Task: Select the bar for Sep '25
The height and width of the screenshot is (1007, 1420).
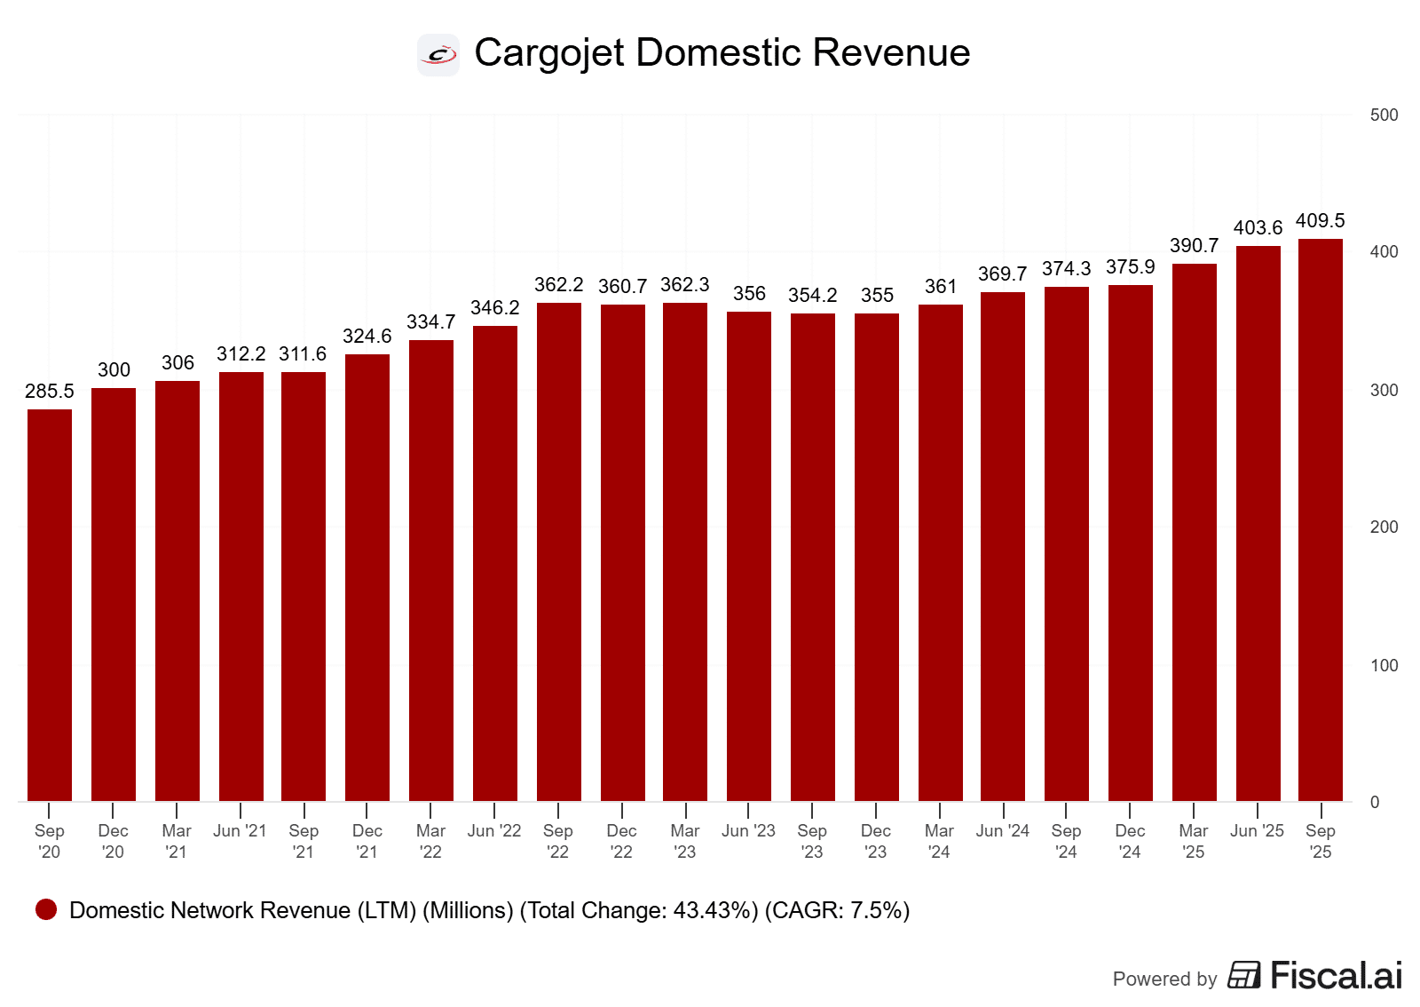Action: tap(1321, 519)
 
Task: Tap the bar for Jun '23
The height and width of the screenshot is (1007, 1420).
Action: tap(749, 556)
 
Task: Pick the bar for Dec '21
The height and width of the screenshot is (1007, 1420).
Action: tap(367, 577)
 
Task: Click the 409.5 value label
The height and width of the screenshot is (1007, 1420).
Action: tap(1321, 220)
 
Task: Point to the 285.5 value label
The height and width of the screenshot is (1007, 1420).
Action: tap(50, 391)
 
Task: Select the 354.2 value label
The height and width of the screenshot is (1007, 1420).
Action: tap(813, 295)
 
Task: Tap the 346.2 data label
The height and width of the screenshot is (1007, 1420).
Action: tap(495, 307)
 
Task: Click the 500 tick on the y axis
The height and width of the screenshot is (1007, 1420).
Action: tap(1384, 115)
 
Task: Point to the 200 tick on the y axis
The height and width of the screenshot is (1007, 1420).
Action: tap(1384, 527)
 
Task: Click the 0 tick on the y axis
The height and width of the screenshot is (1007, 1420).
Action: tap(1375, 802)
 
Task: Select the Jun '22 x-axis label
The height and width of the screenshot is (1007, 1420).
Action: tap(494, 830)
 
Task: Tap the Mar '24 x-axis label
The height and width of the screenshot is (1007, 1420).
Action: tap(939, 841)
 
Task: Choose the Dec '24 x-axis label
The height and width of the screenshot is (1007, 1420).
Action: tap(1130, 841)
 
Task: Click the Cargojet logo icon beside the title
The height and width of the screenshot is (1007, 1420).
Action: tap(438, 55)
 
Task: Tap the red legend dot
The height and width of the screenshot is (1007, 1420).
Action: tap(46, 909)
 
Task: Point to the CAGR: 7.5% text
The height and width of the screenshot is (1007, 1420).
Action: tap(838, 910)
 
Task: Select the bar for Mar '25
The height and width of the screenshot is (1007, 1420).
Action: tap(1195, 533)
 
